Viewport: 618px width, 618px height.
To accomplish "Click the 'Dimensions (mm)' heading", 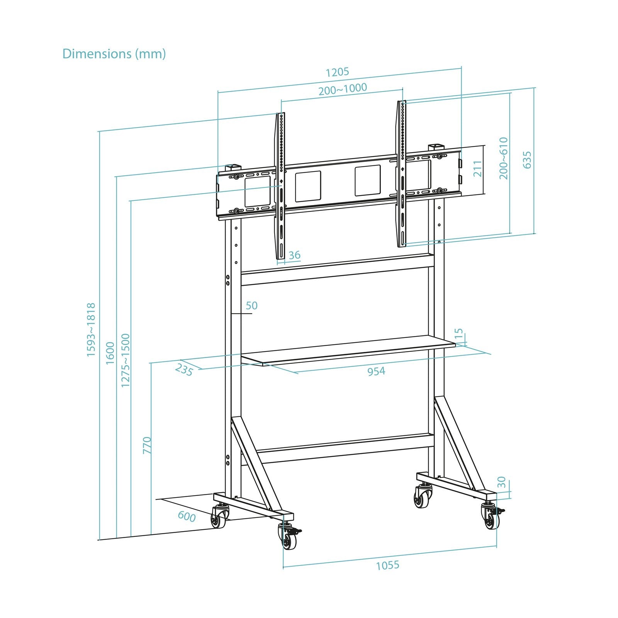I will [x=114, y=54].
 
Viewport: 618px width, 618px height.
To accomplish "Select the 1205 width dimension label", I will [x=337, y=72].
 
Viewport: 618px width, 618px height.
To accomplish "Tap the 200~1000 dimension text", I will [x=342, y=89].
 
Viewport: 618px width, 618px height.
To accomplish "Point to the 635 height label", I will [x=527, y=160].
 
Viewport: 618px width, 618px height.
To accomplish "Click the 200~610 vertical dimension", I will [x=503, y=158].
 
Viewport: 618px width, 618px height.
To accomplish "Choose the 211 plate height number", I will [x=478, y=169].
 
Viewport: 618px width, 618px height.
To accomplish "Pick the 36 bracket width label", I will [x=294, y=255].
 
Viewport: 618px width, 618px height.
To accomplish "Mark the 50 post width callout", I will [x=251, y=306].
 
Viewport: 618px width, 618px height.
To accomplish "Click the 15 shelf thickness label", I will [x=459, y=334].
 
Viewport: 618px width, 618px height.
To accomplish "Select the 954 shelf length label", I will [x=376, y=372].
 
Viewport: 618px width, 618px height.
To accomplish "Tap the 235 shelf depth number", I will [x=184, y=370].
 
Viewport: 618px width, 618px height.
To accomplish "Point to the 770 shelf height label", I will [x=147, y=445].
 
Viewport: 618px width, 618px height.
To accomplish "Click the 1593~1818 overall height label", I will [x=91, y=329].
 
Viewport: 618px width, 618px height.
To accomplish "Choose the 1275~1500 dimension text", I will [x=126, y=360].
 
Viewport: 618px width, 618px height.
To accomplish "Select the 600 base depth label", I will [x=187, y=516].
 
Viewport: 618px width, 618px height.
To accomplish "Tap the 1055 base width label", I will [x=387, y=565].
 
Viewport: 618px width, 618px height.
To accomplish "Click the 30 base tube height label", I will [x=501, y=482].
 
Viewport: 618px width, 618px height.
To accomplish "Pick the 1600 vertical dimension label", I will [x=110, y=352].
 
